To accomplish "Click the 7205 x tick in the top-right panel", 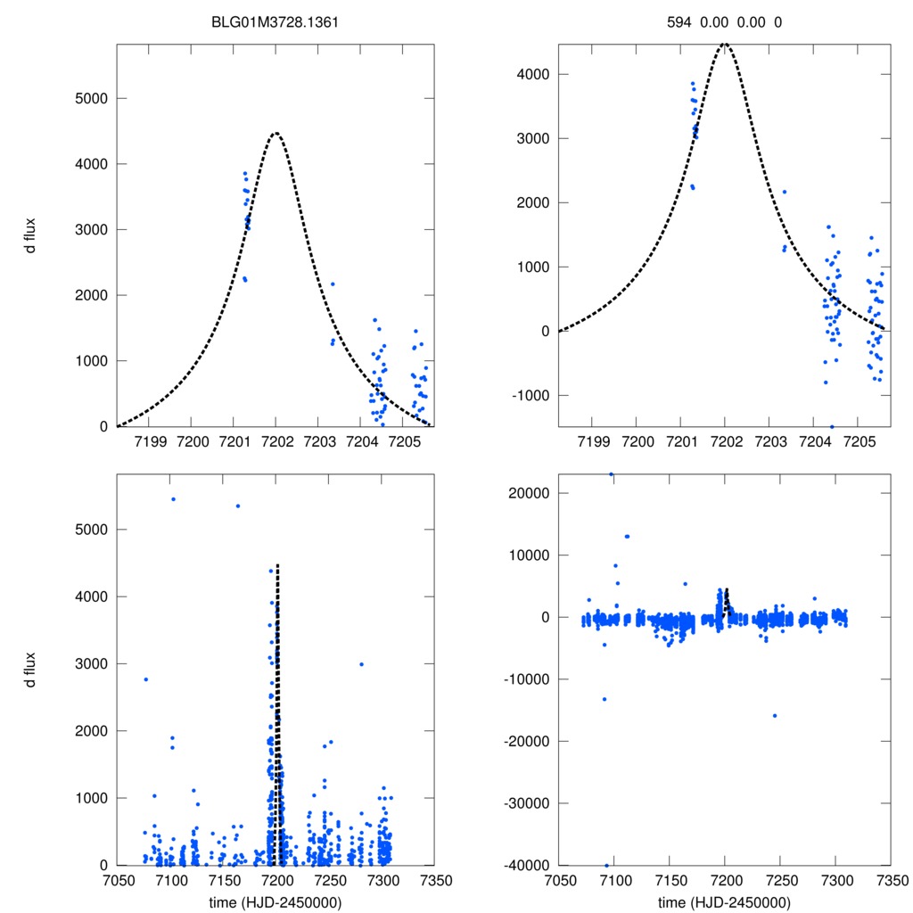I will click(x=859, y=441).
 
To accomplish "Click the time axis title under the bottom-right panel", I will click(x=724, y=901).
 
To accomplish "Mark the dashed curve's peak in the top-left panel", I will click(x=276, y=133).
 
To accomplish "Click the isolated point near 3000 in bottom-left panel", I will click(x=361, y=664).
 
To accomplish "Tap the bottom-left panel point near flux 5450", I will click(x=173, y=499).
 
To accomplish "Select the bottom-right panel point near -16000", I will click(x=775, y=715).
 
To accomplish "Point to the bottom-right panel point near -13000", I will click(x=604, y=699).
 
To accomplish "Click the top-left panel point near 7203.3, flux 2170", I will click(x=333, y=284).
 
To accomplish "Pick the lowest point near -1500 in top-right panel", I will click(x=832, y=426).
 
